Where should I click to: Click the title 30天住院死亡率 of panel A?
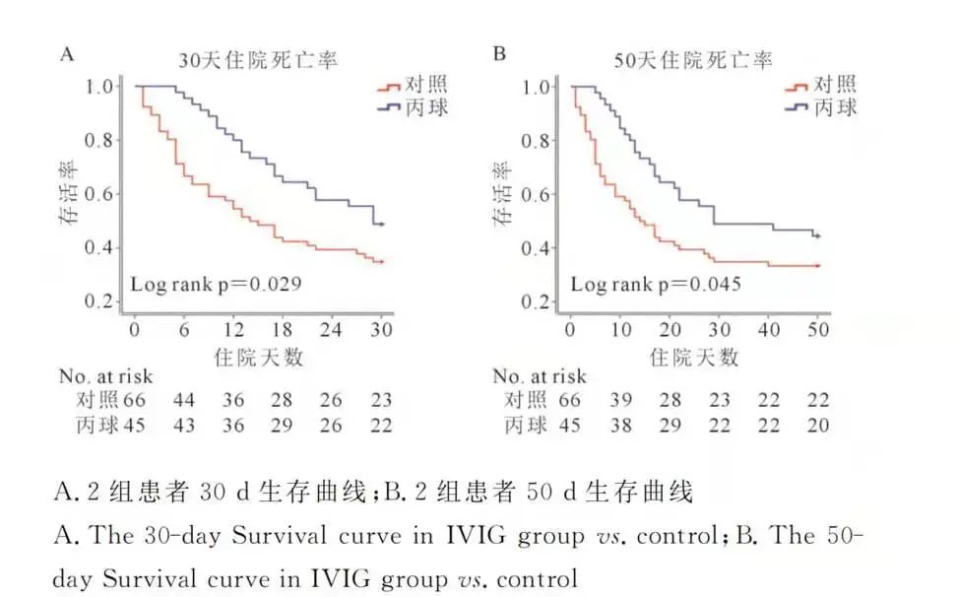[257, 59]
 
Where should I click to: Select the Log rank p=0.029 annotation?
[216, 285]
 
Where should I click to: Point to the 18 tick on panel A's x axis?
[282, 329]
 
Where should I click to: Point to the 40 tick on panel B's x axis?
[769, 329]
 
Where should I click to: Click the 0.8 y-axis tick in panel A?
[99, 140]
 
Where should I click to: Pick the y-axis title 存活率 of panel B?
[502, 194]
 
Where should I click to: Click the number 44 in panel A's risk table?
[183, 400]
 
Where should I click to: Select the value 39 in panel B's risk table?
[620, 400]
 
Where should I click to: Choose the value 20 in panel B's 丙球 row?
[817, 426]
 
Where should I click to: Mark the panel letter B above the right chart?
[499, 53]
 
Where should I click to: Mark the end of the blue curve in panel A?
[381, 225]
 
